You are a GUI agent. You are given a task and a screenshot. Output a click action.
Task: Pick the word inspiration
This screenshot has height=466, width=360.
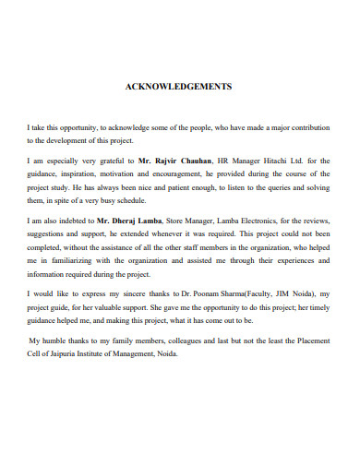point(99,173)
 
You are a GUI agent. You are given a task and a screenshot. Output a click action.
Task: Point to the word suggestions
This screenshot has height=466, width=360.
point(49,235)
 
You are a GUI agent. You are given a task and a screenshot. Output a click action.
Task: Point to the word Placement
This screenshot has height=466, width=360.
point(312,341)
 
